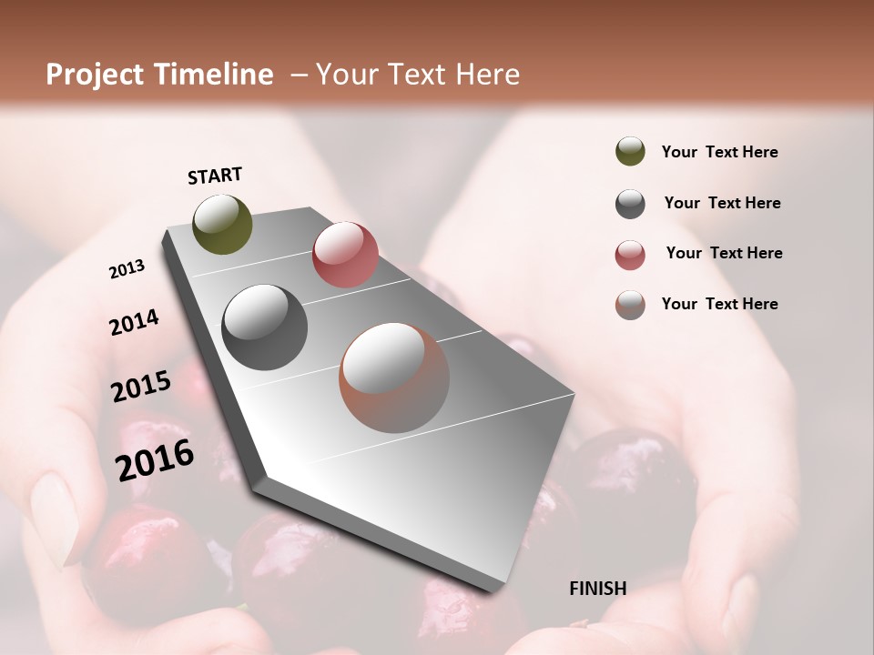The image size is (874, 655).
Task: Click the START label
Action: [215, 176]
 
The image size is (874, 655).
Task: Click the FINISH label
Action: [597, 589]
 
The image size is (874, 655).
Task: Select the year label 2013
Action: [127, 269]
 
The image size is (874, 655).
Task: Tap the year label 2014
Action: [134, 322]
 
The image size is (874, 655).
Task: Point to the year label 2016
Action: [155, 459]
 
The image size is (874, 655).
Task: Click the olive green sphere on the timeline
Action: [222, 224]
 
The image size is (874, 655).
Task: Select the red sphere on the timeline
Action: [345, 255]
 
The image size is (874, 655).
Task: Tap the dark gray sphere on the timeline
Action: [265, 327]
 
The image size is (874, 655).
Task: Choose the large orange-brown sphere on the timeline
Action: [394, 378]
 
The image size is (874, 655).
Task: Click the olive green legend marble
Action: [630, 152]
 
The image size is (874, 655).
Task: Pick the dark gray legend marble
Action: [630, 204]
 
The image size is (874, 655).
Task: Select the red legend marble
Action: [630, 255]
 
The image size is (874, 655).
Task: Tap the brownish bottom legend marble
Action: [630, 305]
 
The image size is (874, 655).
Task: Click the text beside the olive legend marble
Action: [719, 153]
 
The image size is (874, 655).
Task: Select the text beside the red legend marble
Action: [724, 253]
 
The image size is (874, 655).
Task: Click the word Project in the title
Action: [95, 75]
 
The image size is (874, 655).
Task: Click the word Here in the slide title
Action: [487, 75]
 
